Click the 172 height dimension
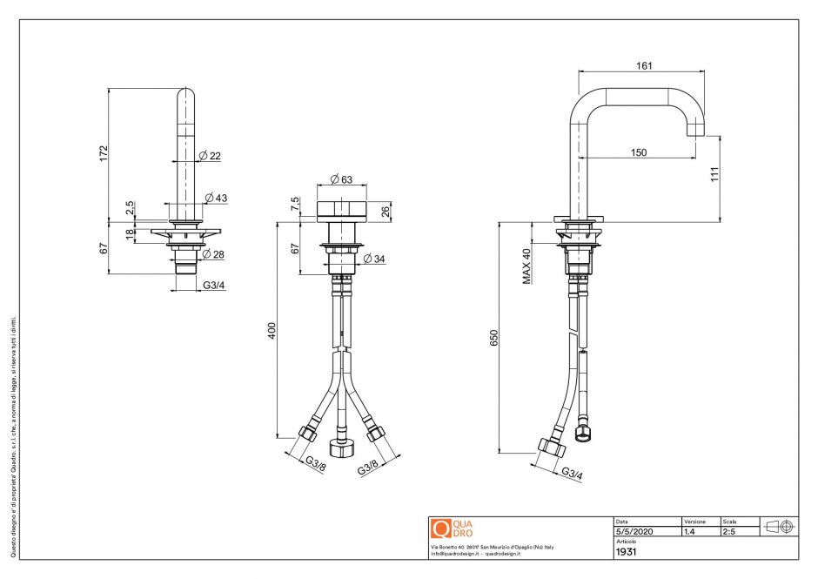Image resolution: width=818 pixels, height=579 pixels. [104, 153]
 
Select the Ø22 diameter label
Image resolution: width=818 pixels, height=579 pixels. [210, 156]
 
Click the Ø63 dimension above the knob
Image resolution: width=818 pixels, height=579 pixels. [341, 180]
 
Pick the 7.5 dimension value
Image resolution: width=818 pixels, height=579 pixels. [296, 203]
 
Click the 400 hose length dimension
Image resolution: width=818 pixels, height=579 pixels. [272, 331]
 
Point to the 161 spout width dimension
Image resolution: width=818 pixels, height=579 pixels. [644, 66]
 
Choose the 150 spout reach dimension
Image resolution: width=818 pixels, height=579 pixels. [638, 152]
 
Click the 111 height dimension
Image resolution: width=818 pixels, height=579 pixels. [714, 174]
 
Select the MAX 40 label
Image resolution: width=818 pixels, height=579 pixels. [526, 266]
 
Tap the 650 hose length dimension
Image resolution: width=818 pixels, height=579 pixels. [493, 338]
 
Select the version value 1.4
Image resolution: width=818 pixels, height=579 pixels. [690, 531]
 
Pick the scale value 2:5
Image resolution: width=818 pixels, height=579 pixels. [729, 531]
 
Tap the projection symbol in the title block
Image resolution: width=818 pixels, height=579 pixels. [779, 527]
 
